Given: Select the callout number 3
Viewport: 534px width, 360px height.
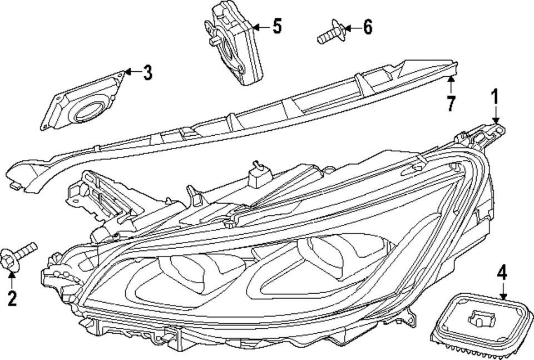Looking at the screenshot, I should pyautogui.click(x=147, y=72).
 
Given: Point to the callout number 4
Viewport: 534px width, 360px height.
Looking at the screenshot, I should pyautogui.click(x=502, y=273).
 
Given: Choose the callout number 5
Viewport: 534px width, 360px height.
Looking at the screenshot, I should pyautogui.click(x=276, y=26).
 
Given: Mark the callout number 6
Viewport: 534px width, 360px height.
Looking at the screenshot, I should pyautogui.click(x=367, y=27).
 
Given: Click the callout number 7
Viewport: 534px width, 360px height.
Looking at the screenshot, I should pyautogui.click(x=451, y=103).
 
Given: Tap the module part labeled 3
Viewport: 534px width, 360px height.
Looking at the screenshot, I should pyautogui.click(x=83, y=103).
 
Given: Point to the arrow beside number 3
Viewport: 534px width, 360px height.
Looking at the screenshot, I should pyautogui.click(x=131, y=72).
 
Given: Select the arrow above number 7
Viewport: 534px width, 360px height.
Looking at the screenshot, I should pyautogui.click(x=451, y=85).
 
